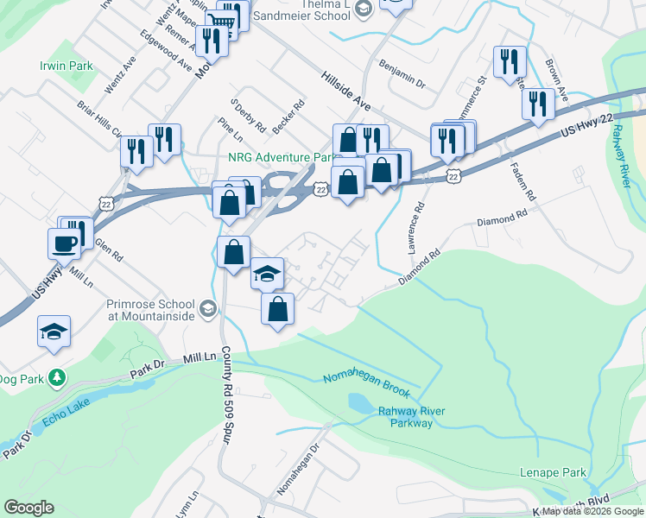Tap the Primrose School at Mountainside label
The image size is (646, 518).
point(153,310)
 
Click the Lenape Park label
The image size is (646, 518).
point(553,472)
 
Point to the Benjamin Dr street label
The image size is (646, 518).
point(402,73)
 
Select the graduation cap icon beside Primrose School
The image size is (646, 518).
point(207,308)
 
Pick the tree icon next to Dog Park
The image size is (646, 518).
point(57,377)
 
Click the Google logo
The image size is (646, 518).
point(28,508)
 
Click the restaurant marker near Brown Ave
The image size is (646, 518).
point(538,104)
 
